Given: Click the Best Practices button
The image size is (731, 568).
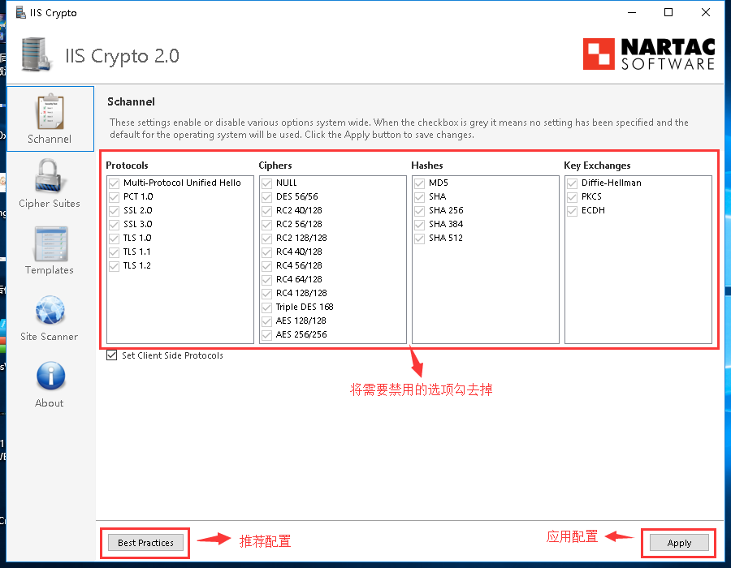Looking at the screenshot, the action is click(x=145, y=543).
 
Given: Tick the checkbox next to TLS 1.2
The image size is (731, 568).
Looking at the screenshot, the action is click(x=115, y=266).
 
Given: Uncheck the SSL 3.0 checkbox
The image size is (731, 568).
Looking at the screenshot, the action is click(x=115, y=225).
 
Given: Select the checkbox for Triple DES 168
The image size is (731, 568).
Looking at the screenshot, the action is click(x=266, y=308).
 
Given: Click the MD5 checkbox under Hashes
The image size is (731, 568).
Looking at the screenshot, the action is click(x=419, y=183).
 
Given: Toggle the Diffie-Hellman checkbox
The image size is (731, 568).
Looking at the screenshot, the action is click(x=572, y=183).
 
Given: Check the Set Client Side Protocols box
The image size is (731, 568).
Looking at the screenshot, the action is click(x=112, y=355).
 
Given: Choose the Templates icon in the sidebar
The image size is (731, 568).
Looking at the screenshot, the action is click(x=50, y=244).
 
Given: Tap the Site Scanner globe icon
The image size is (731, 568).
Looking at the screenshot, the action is click(x=50, y=310).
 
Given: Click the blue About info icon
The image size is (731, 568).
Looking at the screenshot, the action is click(x=50, y=376).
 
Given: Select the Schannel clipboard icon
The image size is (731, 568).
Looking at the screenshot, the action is click(x=50, y=112).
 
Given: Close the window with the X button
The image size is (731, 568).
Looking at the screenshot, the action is click(x=706, y=12).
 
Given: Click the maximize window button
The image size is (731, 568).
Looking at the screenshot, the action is click(x=668, y=12).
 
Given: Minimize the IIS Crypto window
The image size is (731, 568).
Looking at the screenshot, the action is click(x=632, y=12).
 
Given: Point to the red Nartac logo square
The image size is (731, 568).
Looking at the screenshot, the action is click(x=599, y=54).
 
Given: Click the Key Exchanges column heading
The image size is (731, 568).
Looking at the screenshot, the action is click(x=597, y=166).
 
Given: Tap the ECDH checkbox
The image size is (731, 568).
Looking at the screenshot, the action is click(x=572, y=211).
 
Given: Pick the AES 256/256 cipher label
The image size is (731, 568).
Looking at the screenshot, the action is click(x=301, y=334).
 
